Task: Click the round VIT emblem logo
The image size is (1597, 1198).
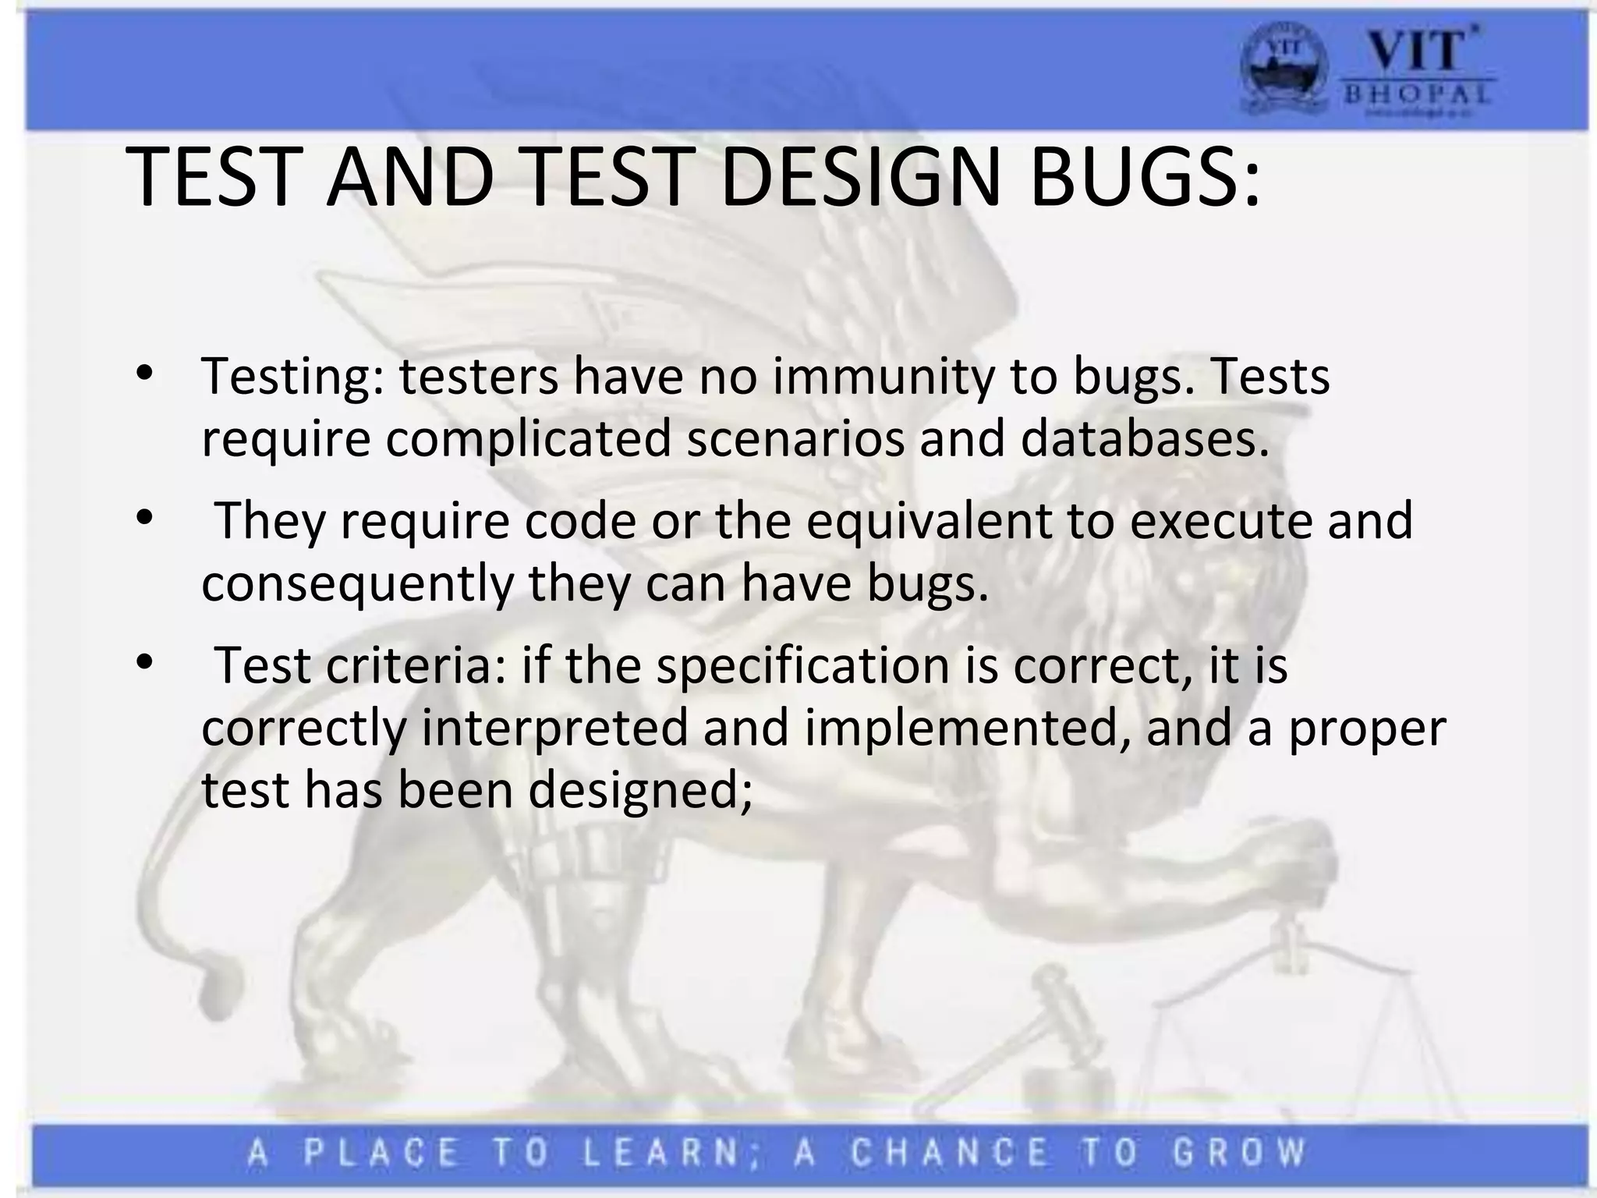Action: pos(1283,75)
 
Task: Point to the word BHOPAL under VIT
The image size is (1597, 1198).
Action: pos(1418,95)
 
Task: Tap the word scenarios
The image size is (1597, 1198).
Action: pos(796,439)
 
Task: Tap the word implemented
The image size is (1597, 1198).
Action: pos(967,728)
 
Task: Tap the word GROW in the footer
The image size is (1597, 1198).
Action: pos(1239,1153)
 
